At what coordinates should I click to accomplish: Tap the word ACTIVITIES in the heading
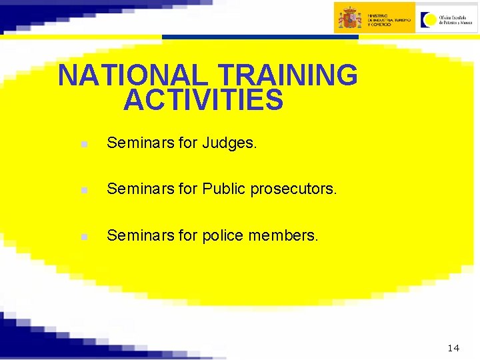(x=203, y=101)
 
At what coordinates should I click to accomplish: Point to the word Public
(x=225, y=189)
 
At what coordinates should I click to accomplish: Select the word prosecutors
(x=294, y=189)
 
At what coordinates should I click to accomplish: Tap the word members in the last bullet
(x=285, y=235)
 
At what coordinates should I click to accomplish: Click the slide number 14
(x=453, y=348)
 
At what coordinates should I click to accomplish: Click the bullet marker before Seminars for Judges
(x=82, y=144)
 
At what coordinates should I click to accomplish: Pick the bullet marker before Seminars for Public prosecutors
(x=82, y=191)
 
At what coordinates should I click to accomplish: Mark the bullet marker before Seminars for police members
(x=82, y=237)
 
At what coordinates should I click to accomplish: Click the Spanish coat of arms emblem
(x=349, y=17)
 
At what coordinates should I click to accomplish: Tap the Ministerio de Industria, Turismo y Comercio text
(x=389, y=18)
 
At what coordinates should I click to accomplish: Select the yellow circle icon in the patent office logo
(x=428, y=19)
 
